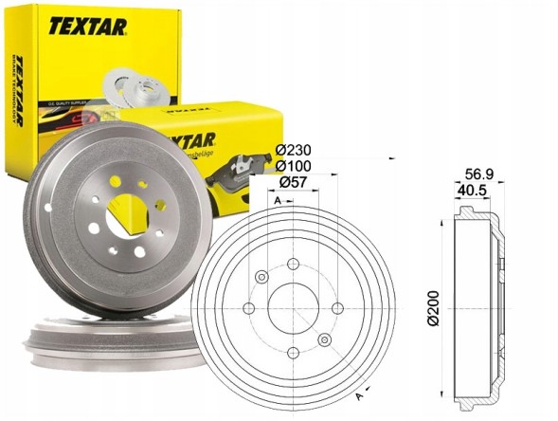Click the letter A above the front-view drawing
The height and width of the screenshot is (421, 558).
tap(276, 202)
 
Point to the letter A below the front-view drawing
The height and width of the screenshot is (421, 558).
tap(357, 395)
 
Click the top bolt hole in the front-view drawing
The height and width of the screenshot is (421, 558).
tap(292, 264)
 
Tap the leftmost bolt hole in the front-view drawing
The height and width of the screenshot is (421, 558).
tap(247, 308)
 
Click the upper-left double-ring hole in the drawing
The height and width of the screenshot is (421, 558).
tap(261, 277)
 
